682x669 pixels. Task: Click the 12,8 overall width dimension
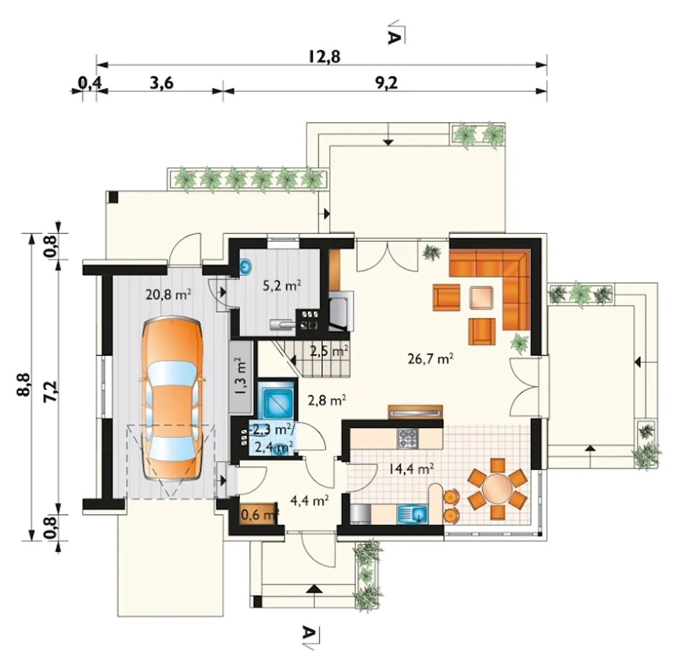click(324, 57)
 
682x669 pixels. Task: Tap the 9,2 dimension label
click(386, 83)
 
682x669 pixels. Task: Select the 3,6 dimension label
click(162, 83)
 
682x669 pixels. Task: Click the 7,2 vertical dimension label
click(50, 391)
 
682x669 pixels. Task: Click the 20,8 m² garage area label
click(168, 294)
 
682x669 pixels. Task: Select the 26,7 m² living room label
click(431, 359)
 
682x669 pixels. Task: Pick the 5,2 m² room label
click(282, 285)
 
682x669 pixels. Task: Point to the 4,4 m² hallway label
click(310, 501)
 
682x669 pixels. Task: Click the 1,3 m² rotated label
click(241, 376)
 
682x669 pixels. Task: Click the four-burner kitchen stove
click(408, 438)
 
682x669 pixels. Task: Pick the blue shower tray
click(277, 398)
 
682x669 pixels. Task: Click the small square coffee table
click(481, 297)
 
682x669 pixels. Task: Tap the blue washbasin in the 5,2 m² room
click(246, 267)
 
